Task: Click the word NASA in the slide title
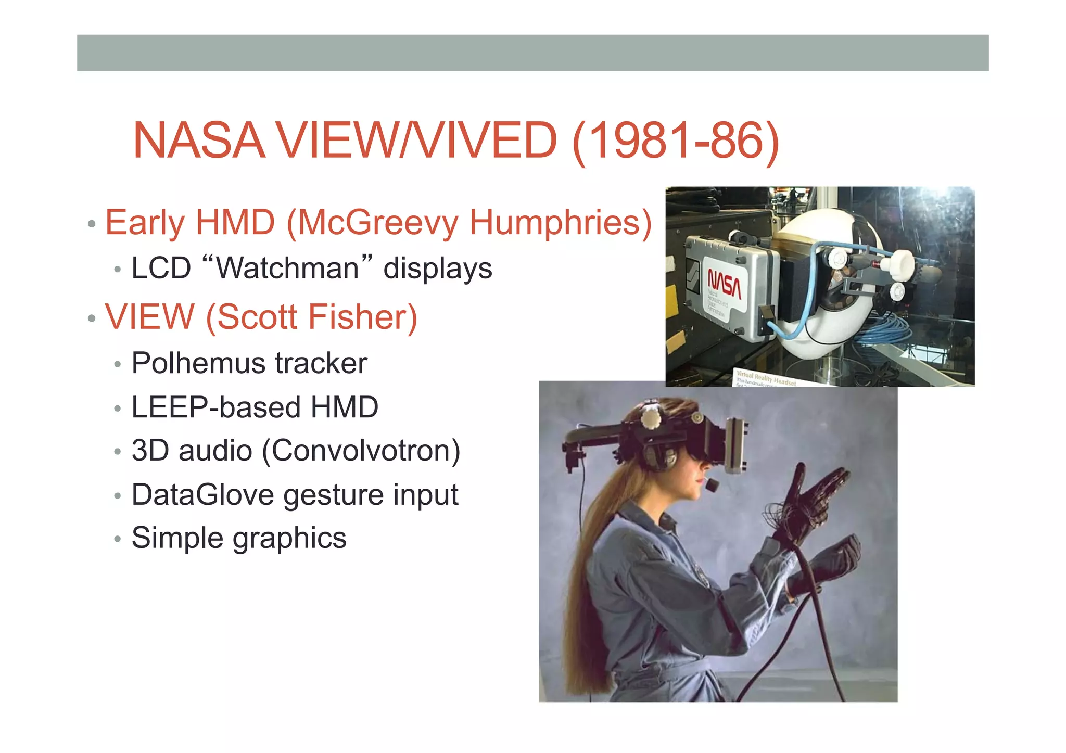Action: (x=199, y=141)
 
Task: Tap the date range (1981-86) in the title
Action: (x=675, y=141)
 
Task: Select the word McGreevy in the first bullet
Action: (x=377, y=223)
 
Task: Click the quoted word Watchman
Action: (x=287, y=268)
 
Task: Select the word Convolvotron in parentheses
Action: (x=361, y=451)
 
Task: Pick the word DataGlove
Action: (x=202, y=494)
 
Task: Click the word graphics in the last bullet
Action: (x=289, y=538)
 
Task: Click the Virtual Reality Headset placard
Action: (x=765, y=378)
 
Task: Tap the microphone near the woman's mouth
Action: (x=712, y=485)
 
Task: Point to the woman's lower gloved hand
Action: (x=828, y=565)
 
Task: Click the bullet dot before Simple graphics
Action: (x=118, y=539)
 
